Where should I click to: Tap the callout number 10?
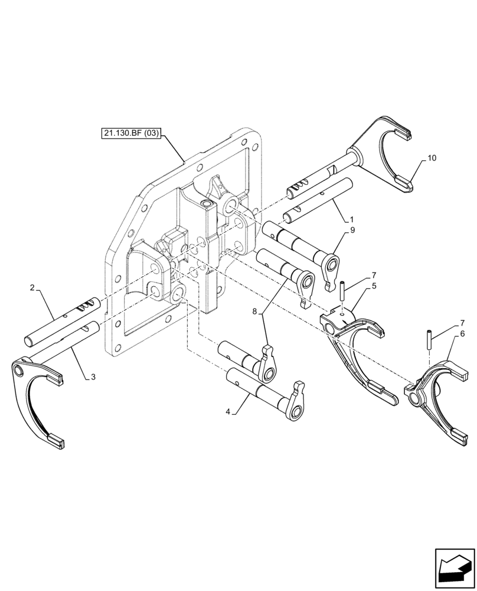432,158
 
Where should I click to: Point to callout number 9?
352,231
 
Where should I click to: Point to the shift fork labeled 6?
437,396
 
